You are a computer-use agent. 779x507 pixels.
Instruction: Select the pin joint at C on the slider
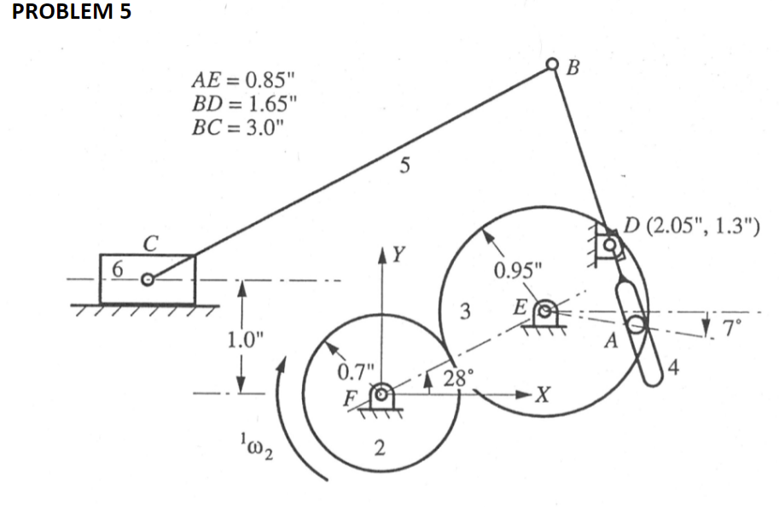(x=148, y=279)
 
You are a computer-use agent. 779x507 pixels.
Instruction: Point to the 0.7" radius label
(x=355, y=371)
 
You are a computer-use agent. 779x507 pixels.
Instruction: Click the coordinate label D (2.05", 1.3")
(x=689, y=227)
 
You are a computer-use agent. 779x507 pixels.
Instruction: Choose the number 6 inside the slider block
(x=119, y=269)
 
